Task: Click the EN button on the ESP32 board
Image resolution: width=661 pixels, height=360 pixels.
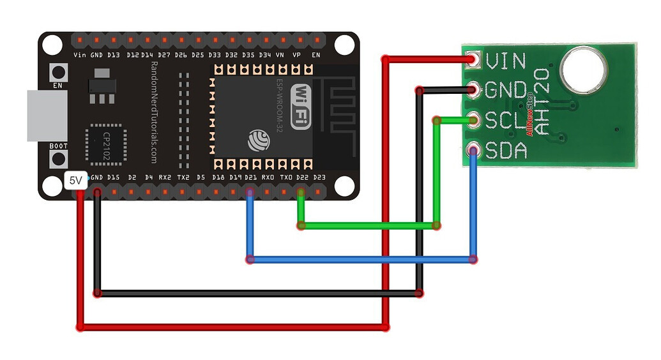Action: [x=58, y=73]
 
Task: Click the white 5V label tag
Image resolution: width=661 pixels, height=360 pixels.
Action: [x=76, y=181]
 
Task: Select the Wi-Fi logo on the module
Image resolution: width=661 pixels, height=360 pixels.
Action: [x=301, y=105]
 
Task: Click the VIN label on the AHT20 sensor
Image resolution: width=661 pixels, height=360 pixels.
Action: [x=505, y=61]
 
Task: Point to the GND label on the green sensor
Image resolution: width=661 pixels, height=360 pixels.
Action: [x=506, y=90]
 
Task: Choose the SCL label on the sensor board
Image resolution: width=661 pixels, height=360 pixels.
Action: [x=505, y=120]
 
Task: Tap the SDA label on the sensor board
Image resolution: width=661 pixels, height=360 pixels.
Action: [x=505, y=151]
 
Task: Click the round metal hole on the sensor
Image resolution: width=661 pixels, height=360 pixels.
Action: [x=583, y=70]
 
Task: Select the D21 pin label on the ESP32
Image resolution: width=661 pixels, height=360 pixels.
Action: [x=251, y=177]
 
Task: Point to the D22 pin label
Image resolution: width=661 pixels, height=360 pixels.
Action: [x=302, y=177]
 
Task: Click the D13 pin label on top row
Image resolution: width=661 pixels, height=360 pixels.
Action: [x=114, y=56]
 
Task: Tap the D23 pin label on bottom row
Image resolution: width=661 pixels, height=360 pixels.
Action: [x=319, y=177]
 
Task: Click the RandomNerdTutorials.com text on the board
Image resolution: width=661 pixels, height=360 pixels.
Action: [x=154, y=112]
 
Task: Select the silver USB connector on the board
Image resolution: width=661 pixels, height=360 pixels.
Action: [x=46, y=116]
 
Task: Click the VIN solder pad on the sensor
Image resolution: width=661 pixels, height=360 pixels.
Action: [x=473, y=59]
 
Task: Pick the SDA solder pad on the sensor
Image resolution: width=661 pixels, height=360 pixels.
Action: [x=473, y=151]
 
